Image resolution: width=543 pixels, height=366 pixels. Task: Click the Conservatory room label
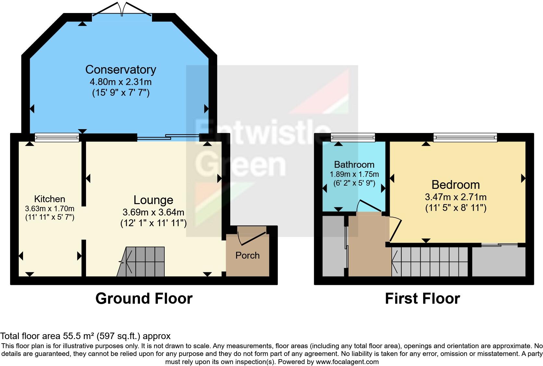coord(120,69)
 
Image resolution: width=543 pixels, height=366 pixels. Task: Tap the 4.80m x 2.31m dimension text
coord(120,81)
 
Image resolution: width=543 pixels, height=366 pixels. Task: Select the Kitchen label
coord(50,199)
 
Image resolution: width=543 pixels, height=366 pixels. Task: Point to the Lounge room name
coord(153,200)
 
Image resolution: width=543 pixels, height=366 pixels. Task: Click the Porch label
coord(247,255)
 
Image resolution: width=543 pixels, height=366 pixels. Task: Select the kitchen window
coord(57,138)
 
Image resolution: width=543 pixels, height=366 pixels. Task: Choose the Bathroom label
coord(354,165)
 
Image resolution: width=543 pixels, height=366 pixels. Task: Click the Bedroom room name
coord(456,185)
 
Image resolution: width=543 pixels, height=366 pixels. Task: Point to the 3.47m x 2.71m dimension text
coord(456,197)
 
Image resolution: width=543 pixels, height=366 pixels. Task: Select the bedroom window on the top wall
coord(465,138)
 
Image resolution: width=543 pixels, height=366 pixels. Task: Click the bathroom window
coord(353,138)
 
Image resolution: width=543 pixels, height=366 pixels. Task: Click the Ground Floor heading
coord(144,299)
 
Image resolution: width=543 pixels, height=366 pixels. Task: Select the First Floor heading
coord(422,299)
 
